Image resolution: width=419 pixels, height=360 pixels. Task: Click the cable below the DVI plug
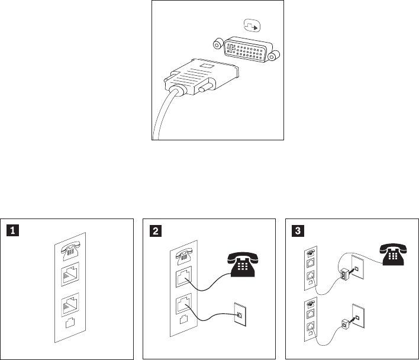click(161, 118)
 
